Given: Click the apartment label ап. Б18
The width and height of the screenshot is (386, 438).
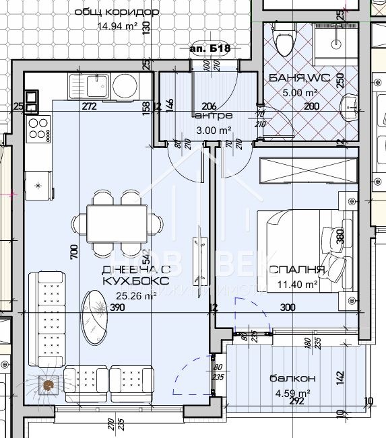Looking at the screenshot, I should coord(211,48).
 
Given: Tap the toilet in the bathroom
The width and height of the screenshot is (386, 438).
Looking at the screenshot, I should coord(284,39).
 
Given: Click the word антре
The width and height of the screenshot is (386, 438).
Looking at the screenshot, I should coord(203,115).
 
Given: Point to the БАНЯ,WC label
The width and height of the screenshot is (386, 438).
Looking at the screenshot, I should coord(299,78).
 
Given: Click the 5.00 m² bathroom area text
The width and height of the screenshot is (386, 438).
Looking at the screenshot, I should coord(302,93).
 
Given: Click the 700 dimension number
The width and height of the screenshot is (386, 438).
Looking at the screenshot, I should coord(73,251).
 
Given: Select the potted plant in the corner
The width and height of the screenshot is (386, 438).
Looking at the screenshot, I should coord(49,386).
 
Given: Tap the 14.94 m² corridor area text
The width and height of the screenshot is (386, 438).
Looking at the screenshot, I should coord(118,27).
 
